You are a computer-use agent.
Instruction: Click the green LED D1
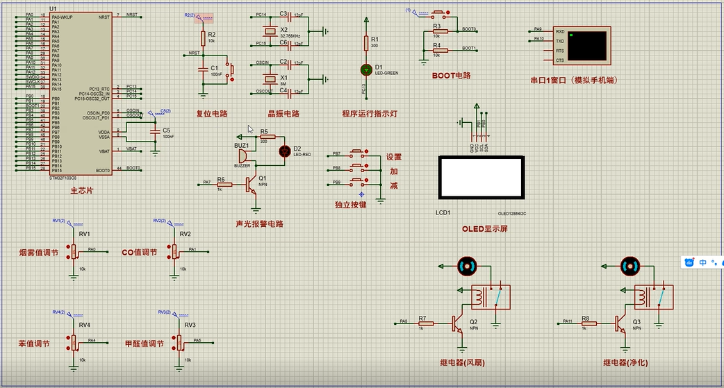pos(366,69)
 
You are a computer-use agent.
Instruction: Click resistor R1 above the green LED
pos(366,44)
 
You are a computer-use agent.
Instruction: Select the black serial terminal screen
pos(586,45)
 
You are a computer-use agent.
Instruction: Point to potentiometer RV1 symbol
pos(73,251)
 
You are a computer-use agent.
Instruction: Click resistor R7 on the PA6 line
pos(423,323)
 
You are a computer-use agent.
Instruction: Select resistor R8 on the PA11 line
pos(586,323)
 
